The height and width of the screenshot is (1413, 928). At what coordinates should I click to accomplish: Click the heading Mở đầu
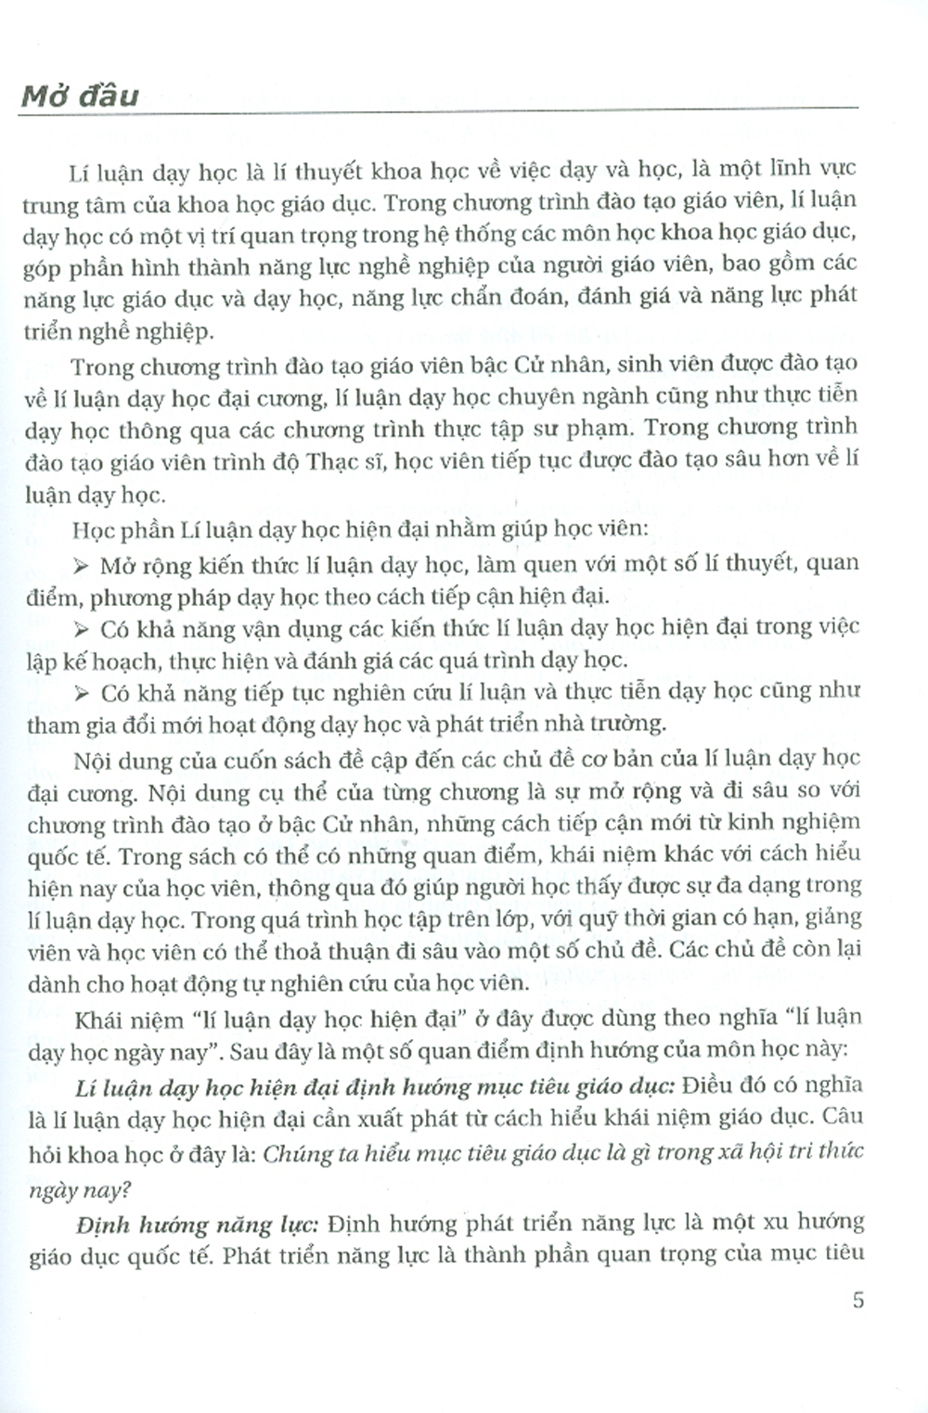click(80, 96)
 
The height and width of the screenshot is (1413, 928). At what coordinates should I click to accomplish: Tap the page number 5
click(857, 1300)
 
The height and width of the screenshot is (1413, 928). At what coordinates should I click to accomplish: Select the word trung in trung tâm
click(54, 203)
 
